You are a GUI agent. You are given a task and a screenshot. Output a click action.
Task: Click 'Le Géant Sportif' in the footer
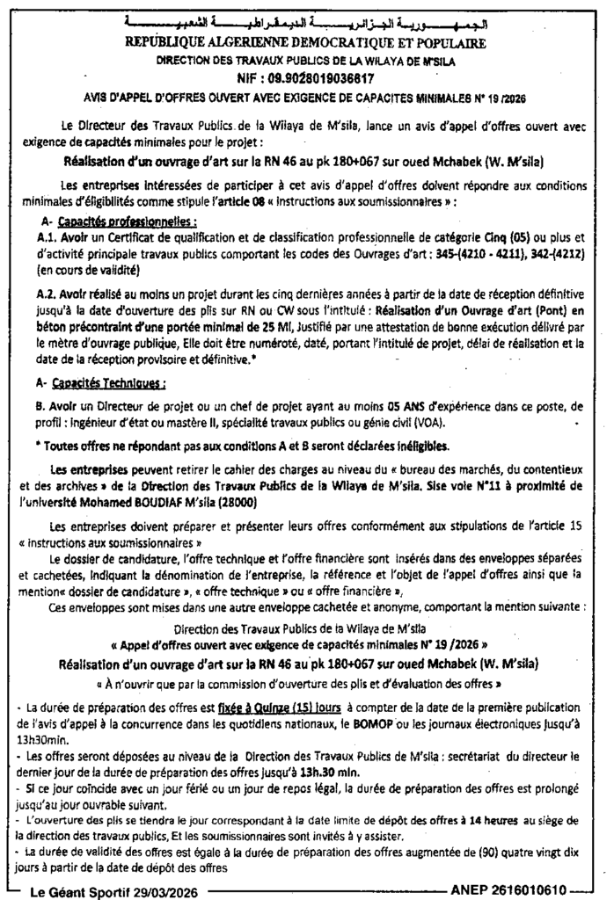click(x=84, y=889)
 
